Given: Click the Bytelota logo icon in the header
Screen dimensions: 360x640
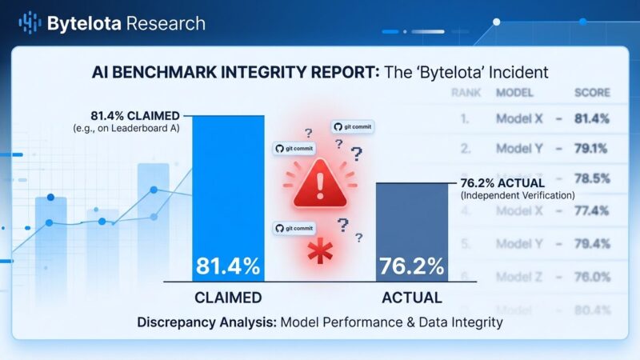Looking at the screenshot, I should tap(30, 22).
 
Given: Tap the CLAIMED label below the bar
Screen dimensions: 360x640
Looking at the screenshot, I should tap(228, 298).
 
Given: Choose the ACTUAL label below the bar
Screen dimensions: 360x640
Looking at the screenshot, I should tap(411, 298).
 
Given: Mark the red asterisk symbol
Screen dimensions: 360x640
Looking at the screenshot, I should tap(321, 254).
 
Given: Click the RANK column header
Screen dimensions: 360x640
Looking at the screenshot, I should tap(466, 93).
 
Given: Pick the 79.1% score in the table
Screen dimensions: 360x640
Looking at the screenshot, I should tap(591, 149).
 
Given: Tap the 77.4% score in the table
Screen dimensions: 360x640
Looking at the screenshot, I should tap(591, 211).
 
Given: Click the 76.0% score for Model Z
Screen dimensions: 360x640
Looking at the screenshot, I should tap(591, 277).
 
